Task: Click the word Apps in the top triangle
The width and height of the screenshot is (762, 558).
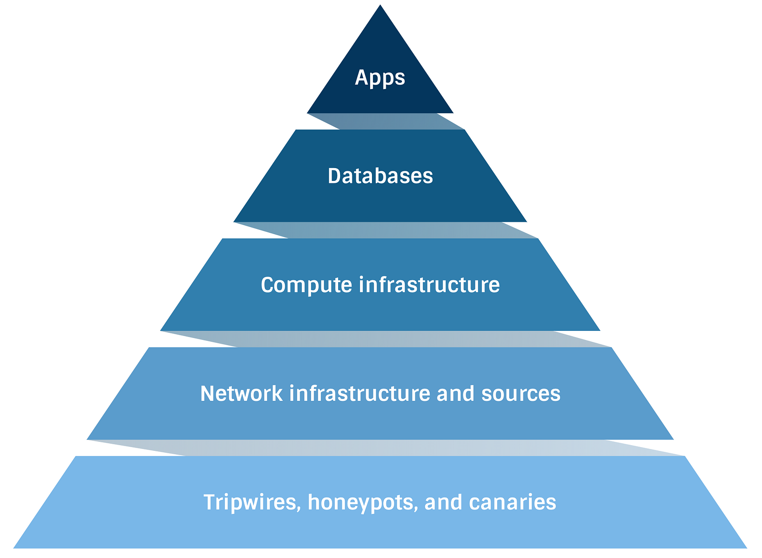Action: pos(380,78)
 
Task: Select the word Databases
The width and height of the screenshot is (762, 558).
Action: pos(380,176)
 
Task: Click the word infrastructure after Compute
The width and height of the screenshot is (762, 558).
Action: pos(429,285)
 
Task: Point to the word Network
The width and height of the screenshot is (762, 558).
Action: pos(241,394)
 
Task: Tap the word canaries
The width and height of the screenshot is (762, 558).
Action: pos(512,503)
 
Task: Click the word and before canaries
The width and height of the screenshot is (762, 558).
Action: pos(443,503)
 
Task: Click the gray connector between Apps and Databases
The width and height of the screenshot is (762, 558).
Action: pos(386,121)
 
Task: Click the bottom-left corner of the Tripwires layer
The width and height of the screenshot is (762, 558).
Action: pos(14,548)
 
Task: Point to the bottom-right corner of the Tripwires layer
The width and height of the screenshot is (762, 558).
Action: pos(746,548)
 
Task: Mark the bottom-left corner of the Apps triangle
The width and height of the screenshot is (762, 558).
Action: pos(308,113)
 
